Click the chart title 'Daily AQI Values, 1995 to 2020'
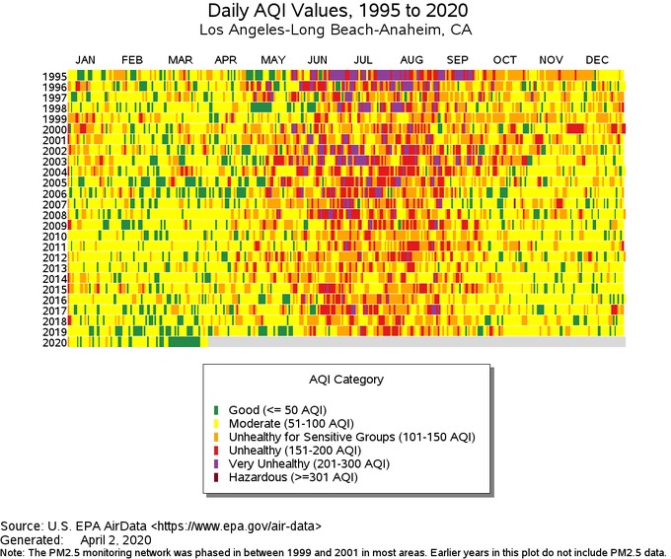coord(337,10)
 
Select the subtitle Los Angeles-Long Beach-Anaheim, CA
coord(335,30)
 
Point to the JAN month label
coord(85,60)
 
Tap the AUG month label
coord(411,60)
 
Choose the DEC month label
coord(597,60)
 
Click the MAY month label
coord(273,60)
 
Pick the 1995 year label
coord(55,77)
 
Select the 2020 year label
coord(55,342)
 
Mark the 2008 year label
coord(55,215)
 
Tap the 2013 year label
coord(55,268)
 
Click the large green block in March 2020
coord(184,342)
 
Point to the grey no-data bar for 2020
coord(416,342)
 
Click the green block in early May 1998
coord(261,106)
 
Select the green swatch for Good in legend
coord(216,410)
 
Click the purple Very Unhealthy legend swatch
coord(216,464)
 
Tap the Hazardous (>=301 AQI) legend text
coord(293,477)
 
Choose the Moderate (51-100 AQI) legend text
coord(291,424)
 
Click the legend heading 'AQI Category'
coord(346,380)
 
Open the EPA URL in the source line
coord(236,526)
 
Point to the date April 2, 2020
coord(115,539)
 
